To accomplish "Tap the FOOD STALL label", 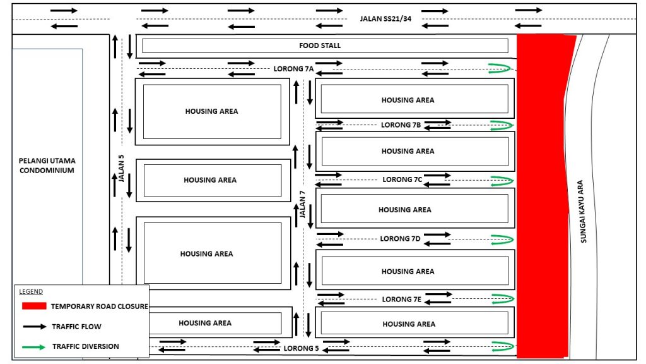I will [x=320, y=45].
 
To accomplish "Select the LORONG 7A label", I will [x=293, y=68].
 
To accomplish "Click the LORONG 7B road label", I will [x=401, y=125].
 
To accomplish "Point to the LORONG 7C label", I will [x=402, y=179].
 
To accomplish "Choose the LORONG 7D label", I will [x=400, y=239].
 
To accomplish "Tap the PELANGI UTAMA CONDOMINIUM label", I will [x=47, y=166].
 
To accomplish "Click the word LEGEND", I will [x=30, y=291].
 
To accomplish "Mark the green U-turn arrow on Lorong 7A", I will [x=501, y=68].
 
